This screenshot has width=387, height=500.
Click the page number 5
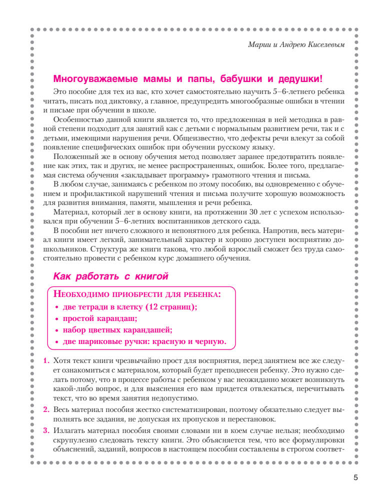click(355, 477)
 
